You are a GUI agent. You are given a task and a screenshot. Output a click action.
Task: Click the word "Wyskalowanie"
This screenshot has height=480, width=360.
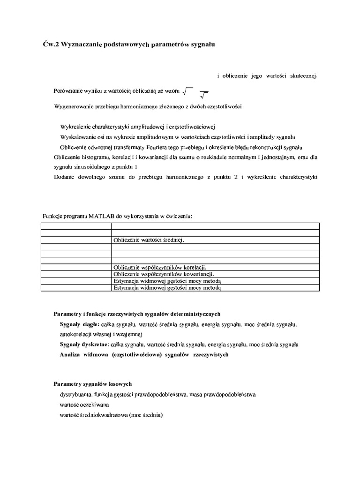(x=77, y=137)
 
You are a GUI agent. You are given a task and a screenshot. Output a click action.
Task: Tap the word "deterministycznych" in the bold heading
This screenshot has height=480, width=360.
(x=191, y=313)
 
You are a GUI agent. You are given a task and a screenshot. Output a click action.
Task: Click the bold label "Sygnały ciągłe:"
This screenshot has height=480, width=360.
(x=79, y=324)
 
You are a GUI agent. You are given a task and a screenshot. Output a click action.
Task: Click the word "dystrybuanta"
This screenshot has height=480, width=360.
(x=75, y=395)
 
